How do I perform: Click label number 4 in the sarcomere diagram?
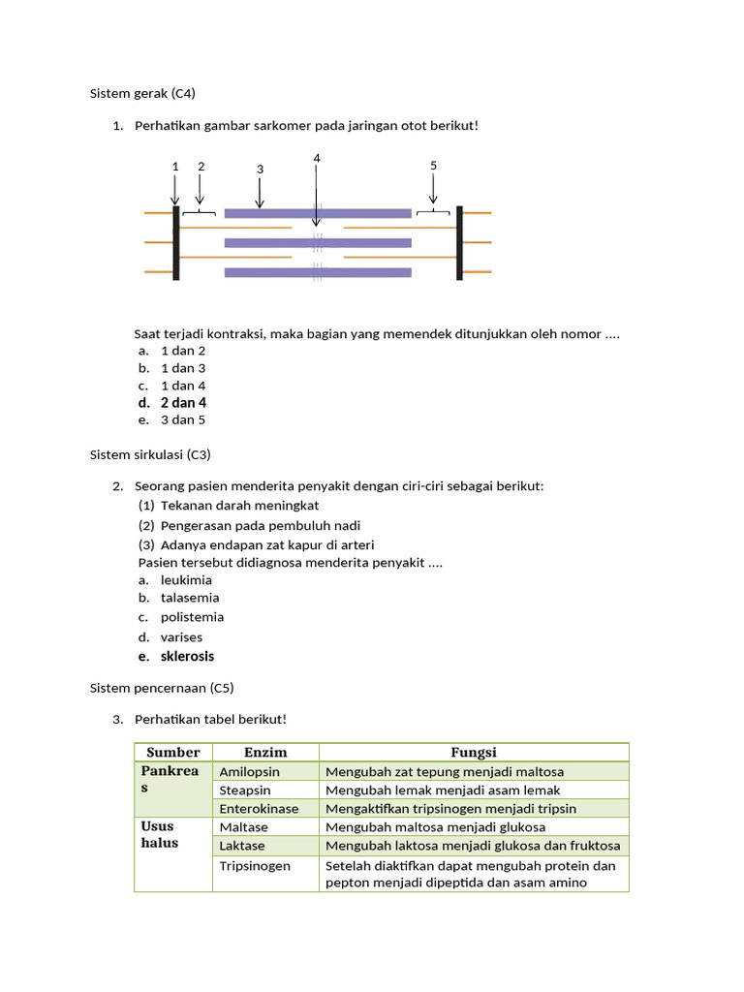coord(317,158)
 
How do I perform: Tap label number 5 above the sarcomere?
coord(433,166)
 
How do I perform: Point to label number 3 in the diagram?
coord(260,170)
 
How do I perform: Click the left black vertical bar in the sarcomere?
coord(176,242)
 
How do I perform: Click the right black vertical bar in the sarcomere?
coord(459,242)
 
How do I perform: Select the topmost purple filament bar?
coord(318,213)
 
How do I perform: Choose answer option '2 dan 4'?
coord(183,402)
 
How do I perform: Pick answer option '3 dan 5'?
coord(183,419)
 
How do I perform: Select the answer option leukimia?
coord(186,580)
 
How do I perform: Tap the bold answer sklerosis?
coord(187,656)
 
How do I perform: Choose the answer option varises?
coord(181,636)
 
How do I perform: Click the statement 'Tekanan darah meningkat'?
coord(239,505)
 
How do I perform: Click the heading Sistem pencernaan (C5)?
coord(162,688)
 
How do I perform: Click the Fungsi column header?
coord(474,752)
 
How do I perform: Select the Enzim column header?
coord(265,752)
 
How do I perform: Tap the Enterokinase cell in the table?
coord(259,808)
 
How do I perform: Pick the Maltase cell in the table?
coord(244,827)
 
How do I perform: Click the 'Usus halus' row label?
coord(160,834)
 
